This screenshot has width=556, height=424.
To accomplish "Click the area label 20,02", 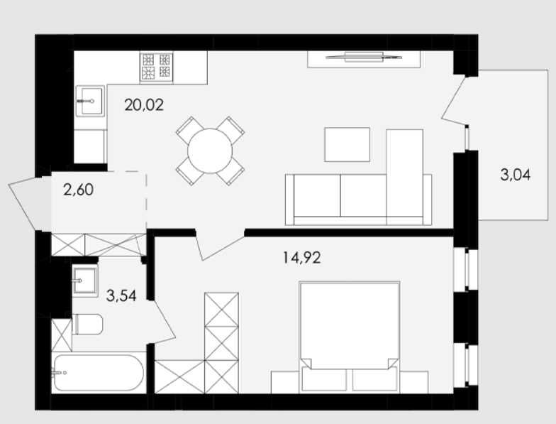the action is pyautogui.click(x=144, y=105).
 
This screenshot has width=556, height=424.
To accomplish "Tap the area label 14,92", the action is pyautogui.click(x=302, y=257).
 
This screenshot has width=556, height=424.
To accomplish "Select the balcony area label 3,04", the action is pyautogui.click(x=515, y=175).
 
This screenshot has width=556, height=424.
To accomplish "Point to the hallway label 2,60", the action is pyautogui.click(x=78, y=190).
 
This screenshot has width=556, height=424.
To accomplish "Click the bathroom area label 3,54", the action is pyautogui.click(x=121, y=295).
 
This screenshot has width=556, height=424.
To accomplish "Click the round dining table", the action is pyautogui.click(x=210, y=151).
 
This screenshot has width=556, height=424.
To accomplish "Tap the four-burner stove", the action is pyautogui.click(x=156, y=67).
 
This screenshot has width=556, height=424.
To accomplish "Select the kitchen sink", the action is pyautogui.click(x=91, y=101).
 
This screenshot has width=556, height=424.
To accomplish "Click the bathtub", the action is pyautogui.click(x=99, y=374).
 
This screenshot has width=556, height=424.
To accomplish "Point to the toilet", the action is pyautogui.click(x=88, y=324).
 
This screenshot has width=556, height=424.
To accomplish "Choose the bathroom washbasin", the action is pyautogui.click(x=85, y=281).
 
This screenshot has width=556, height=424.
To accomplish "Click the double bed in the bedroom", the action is pyautogui.click(x=350, y=337).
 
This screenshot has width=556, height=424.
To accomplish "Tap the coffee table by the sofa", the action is pyautogui.click(x=347, y=145).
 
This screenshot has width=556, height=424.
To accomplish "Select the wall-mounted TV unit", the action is pyautogui.click(x=364, y=59).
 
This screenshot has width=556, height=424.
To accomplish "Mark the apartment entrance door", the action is pyautogui.click(x=22, y=203).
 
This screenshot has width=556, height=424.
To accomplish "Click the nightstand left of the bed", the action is pyautogui.click(x=285, y=382).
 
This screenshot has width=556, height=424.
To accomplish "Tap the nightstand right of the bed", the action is pyautogui.click(x=414, y=382).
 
